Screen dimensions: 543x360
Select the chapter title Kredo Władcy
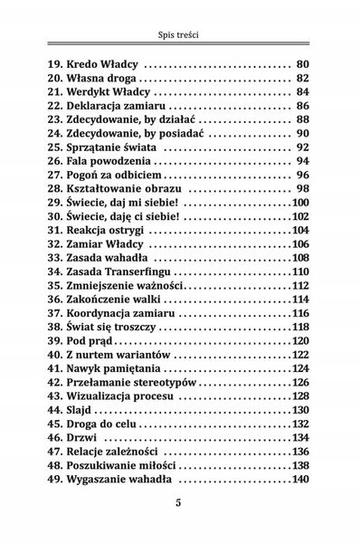click(x=104, y=64)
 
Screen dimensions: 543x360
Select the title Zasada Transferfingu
click(x=124, y=271)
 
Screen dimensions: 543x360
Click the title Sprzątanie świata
click(x=117, y=147)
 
